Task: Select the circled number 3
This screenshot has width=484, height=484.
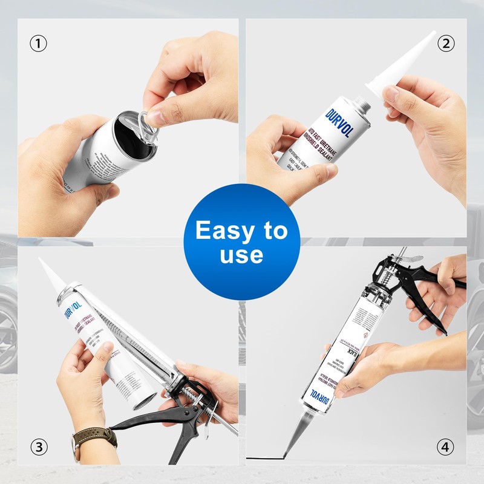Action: (39, 447)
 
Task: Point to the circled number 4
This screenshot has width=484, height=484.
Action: (445, 447)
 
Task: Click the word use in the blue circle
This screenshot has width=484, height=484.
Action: (241, 255)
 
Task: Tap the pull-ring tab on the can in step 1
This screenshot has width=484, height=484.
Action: (148, 117)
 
